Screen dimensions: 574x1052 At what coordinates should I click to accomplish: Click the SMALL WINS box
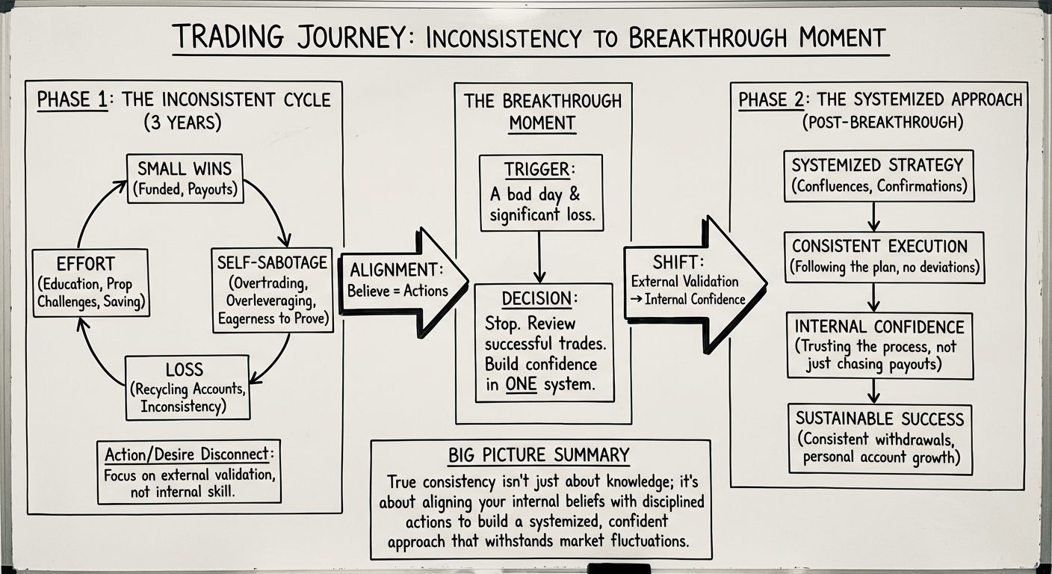point(185,178)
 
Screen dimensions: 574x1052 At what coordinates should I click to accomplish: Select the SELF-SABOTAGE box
point(272,290)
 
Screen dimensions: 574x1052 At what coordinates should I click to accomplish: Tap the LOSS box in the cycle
point(187,387)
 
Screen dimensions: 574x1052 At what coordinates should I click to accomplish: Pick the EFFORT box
point(90,283)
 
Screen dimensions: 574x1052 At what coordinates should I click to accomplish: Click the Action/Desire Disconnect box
point(189,472)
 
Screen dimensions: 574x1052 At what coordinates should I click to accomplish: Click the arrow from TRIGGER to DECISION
point(539,256)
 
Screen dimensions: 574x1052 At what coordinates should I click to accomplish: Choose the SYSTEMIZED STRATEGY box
point(878,175)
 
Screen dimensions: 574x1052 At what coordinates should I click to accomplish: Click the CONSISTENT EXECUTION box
point(884,256)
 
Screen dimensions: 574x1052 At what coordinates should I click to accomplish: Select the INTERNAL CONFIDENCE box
point(879,345)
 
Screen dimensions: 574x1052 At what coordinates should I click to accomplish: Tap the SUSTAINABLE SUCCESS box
point(879,437)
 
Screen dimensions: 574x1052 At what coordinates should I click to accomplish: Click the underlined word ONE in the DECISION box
point(522,385)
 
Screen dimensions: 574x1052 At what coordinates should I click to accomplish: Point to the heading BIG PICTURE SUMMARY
point(539,454)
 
